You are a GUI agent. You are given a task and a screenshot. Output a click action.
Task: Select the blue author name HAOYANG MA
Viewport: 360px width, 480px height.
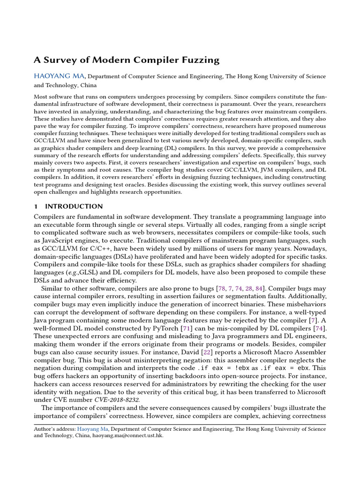click(x=60, y=76)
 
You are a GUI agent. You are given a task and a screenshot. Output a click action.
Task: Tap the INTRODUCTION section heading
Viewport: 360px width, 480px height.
click(x=74, y=206)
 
